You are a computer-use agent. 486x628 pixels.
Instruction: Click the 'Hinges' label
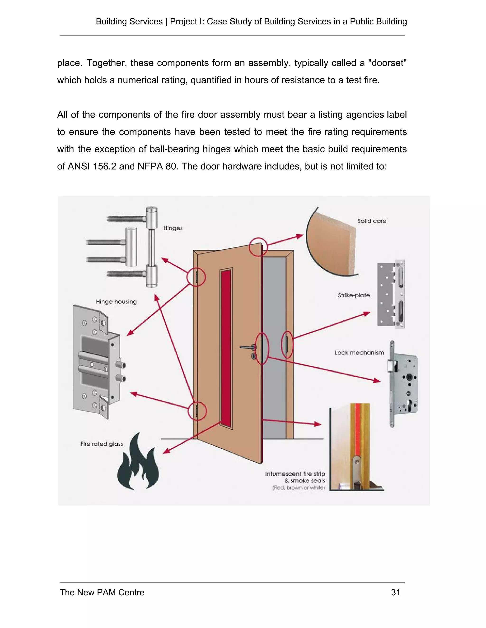click(x=173, y=228)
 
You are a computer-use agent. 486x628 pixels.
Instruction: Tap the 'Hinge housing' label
click(x=116, y=302)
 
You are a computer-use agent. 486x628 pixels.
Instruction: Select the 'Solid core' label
click(x=372, y=221)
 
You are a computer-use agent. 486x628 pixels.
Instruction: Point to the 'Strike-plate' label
click(x=354, y=295)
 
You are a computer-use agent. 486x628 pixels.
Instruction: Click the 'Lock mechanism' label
click(x=359, y=353)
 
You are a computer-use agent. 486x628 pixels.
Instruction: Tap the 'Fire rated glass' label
click(x=102, y=444)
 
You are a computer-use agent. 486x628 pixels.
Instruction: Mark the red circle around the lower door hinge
click(x=197, y=411)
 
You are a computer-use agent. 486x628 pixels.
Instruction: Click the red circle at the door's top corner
click(x=258, y=247)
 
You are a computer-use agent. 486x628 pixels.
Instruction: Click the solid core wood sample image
click(x=331, y=244)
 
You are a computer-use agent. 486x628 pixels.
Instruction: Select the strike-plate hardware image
click(x=391, y=294)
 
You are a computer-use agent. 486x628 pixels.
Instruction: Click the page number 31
click(x=396, y=593)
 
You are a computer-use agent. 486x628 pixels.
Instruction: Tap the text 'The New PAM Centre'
click(x=102, y=593)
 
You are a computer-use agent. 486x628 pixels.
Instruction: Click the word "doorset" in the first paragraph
click(x=387, y=63)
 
